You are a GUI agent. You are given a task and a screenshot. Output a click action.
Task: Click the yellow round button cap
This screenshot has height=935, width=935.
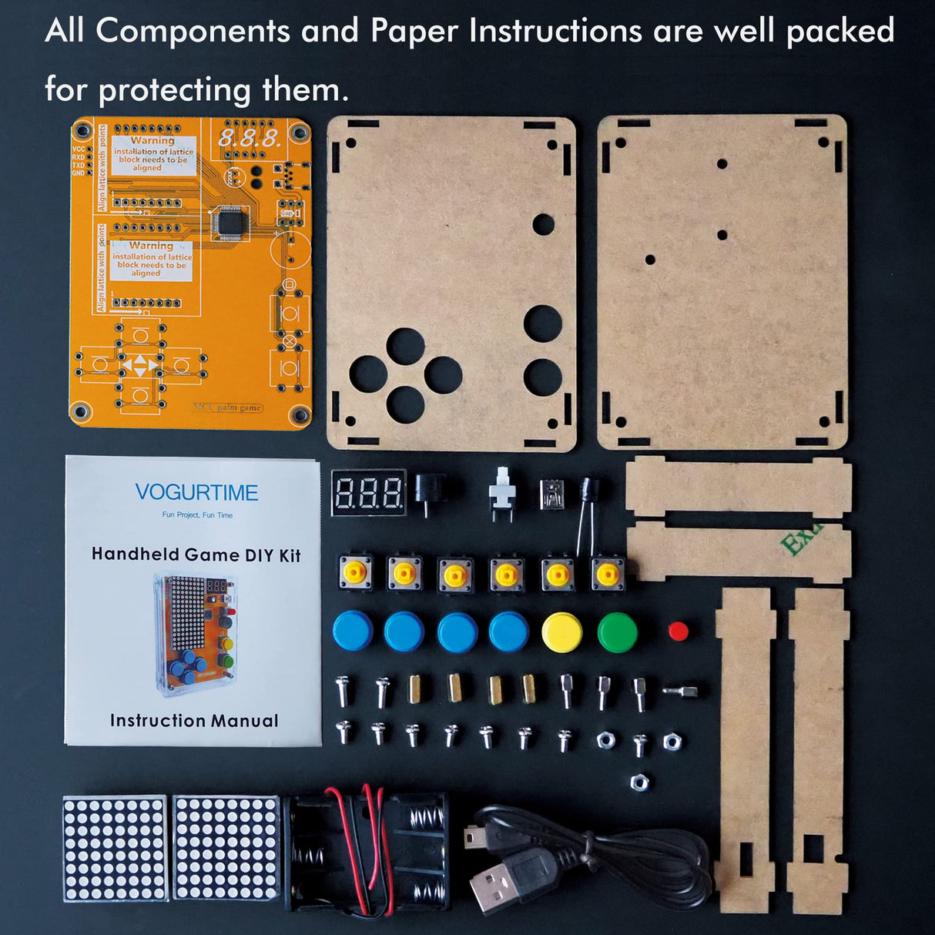tap(561, 632)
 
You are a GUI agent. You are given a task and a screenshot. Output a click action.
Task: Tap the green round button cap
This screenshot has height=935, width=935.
tap(618, 632)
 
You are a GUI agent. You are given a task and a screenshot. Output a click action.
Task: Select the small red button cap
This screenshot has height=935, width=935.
tap(679, 632)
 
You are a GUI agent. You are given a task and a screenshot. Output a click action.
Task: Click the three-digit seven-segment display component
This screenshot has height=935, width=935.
tap(369, 491)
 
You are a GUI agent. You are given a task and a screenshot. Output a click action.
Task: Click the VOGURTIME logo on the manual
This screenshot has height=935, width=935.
tap(196, 493)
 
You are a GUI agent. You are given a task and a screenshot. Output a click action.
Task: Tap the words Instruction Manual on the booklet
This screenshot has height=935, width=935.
tap(194, 721)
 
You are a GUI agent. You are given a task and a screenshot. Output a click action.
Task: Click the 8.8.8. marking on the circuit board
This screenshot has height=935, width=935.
tap(249, 139)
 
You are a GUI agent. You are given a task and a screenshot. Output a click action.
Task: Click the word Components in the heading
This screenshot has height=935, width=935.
tap(193, 32)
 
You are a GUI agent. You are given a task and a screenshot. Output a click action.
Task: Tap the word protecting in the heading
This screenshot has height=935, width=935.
tap(175, 90)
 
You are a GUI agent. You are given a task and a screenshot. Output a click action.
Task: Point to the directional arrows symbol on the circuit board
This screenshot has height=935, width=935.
tap(139, 366)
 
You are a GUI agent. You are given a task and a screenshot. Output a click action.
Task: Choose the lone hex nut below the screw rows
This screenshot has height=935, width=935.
tap(638, 783)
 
